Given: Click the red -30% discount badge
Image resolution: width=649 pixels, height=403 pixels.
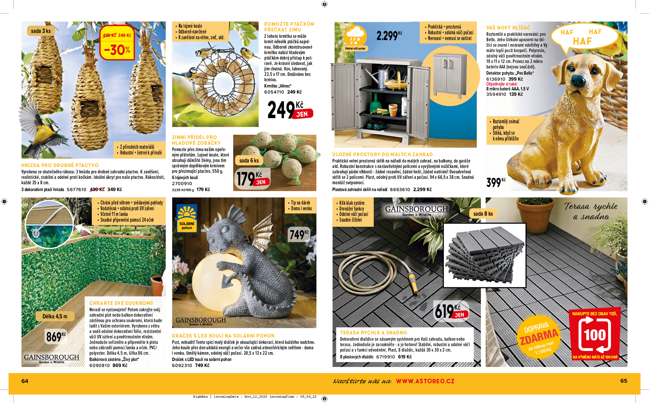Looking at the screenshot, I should pyautogui.click(x=117, y=43).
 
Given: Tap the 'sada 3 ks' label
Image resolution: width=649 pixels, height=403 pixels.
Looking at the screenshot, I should pyautogui.click(x=41, y=31).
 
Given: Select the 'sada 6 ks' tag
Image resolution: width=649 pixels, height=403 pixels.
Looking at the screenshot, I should pyautogui.click(x=249, y=160).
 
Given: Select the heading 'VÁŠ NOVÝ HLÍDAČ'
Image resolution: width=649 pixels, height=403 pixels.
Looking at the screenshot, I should pyautogui.click(x=508, y=28).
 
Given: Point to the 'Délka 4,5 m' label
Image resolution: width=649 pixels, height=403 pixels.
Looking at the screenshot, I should pyautogui.click(x=55, y=316).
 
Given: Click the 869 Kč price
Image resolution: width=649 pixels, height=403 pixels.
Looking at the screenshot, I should pyautogui.click(x=56, y=336).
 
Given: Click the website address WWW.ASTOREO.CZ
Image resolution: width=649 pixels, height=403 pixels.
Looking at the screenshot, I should pyautogui.click(x=425, y=381).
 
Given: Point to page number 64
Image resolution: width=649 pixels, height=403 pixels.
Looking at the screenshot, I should pyautogui.click(x=25, y=381).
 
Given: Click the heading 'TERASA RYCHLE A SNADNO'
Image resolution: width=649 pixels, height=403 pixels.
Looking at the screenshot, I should pyautogui.click(x=373, y=333).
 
